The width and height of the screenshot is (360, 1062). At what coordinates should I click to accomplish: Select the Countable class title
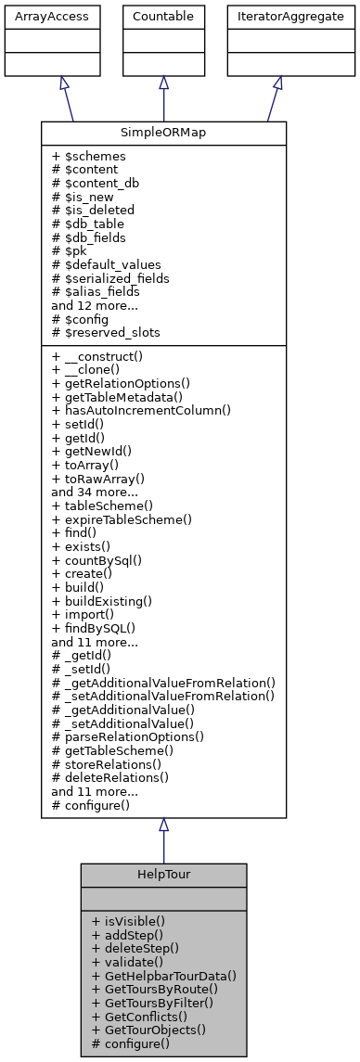point(163,17)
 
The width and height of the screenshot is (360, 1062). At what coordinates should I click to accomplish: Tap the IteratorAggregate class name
point(276,17)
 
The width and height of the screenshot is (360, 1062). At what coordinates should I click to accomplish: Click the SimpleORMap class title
point(163,133)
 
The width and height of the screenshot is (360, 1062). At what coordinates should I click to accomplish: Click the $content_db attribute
point(96,183)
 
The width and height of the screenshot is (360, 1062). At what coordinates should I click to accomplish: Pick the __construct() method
point(105,357)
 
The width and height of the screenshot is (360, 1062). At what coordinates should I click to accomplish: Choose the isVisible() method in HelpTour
point(129,922)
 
